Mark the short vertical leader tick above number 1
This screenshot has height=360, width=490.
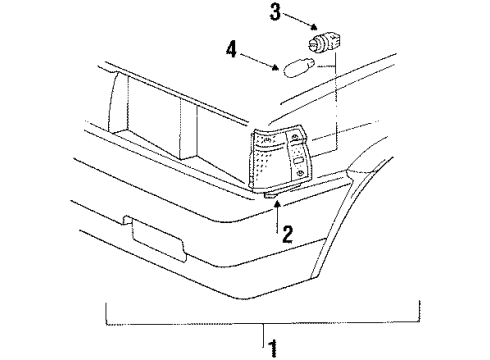pos(265,333)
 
